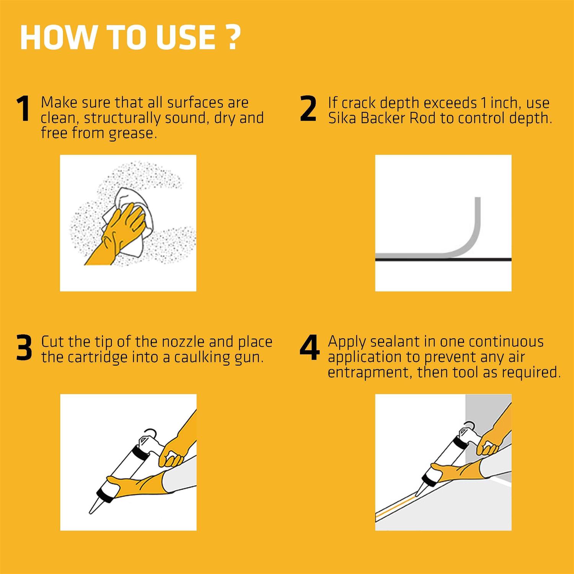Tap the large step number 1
(24, 109)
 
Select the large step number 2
(308, 109)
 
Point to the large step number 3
(24, 348)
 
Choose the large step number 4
(309, 348)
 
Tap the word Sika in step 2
(342, 118)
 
